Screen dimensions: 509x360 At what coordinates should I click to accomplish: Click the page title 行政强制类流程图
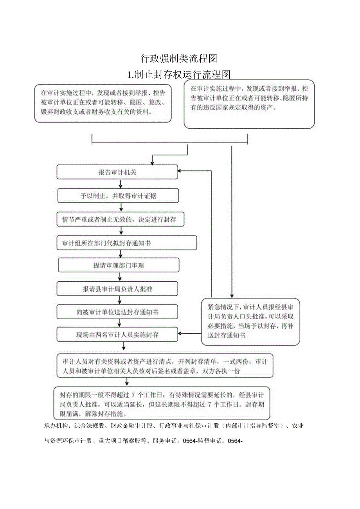[x=179, y=59]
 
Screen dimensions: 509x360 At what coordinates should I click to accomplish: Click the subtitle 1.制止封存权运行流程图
[x=179, y=74]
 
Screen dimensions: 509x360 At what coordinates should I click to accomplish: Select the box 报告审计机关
[x=117, y=172]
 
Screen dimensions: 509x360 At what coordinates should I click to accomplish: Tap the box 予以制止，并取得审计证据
[x=118, y=196]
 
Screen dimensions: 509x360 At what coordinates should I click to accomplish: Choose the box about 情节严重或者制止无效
[x=120, y=219]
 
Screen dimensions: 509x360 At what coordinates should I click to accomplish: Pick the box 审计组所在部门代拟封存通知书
[x=126, y=243]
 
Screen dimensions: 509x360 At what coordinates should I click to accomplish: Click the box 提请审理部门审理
[x=119, y=265]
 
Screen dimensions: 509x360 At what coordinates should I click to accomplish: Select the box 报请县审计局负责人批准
[x=117, y=289]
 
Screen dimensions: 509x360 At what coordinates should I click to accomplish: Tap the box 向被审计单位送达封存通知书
[x=117, y=312]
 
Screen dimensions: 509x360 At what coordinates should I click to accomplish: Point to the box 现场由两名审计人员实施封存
[x=117, y=335]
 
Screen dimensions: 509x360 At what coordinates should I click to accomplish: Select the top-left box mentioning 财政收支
[x=103, y=103]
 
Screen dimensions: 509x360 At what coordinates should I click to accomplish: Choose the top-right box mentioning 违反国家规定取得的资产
[x=249, y=104]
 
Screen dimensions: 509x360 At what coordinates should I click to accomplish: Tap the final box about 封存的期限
[x=161, y=403]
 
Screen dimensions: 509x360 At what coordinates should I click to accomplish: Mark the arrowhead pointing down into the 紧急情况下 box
[x=232, y=296]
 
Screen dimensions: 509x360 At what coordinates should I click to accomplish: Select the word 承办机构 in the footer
[x=56, y=426]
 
